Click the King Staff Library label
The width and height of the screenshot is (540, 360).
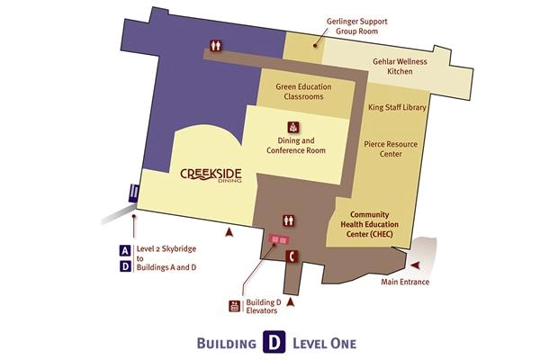pos(397,107)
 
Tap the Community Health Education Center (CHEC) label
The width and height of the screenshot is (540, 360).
pos(375,224)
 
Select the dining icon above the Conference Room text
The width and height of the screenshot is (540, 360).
pos(292,127)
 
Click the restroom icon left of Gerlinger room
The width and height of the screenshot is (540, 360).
pos(216,44)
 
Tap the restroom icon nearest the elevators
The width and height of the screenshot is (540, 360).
pos(290,218)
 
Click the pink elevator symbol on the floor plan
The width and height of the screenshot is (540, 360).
pos(276,240)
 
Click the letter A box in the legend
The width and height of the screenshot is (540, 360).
pos(124,250)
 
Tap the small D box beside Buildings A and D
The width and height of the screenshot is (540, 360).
pos(124,266)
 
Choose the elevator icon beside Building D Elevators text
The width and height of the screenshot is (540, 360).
pos(234,306)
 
